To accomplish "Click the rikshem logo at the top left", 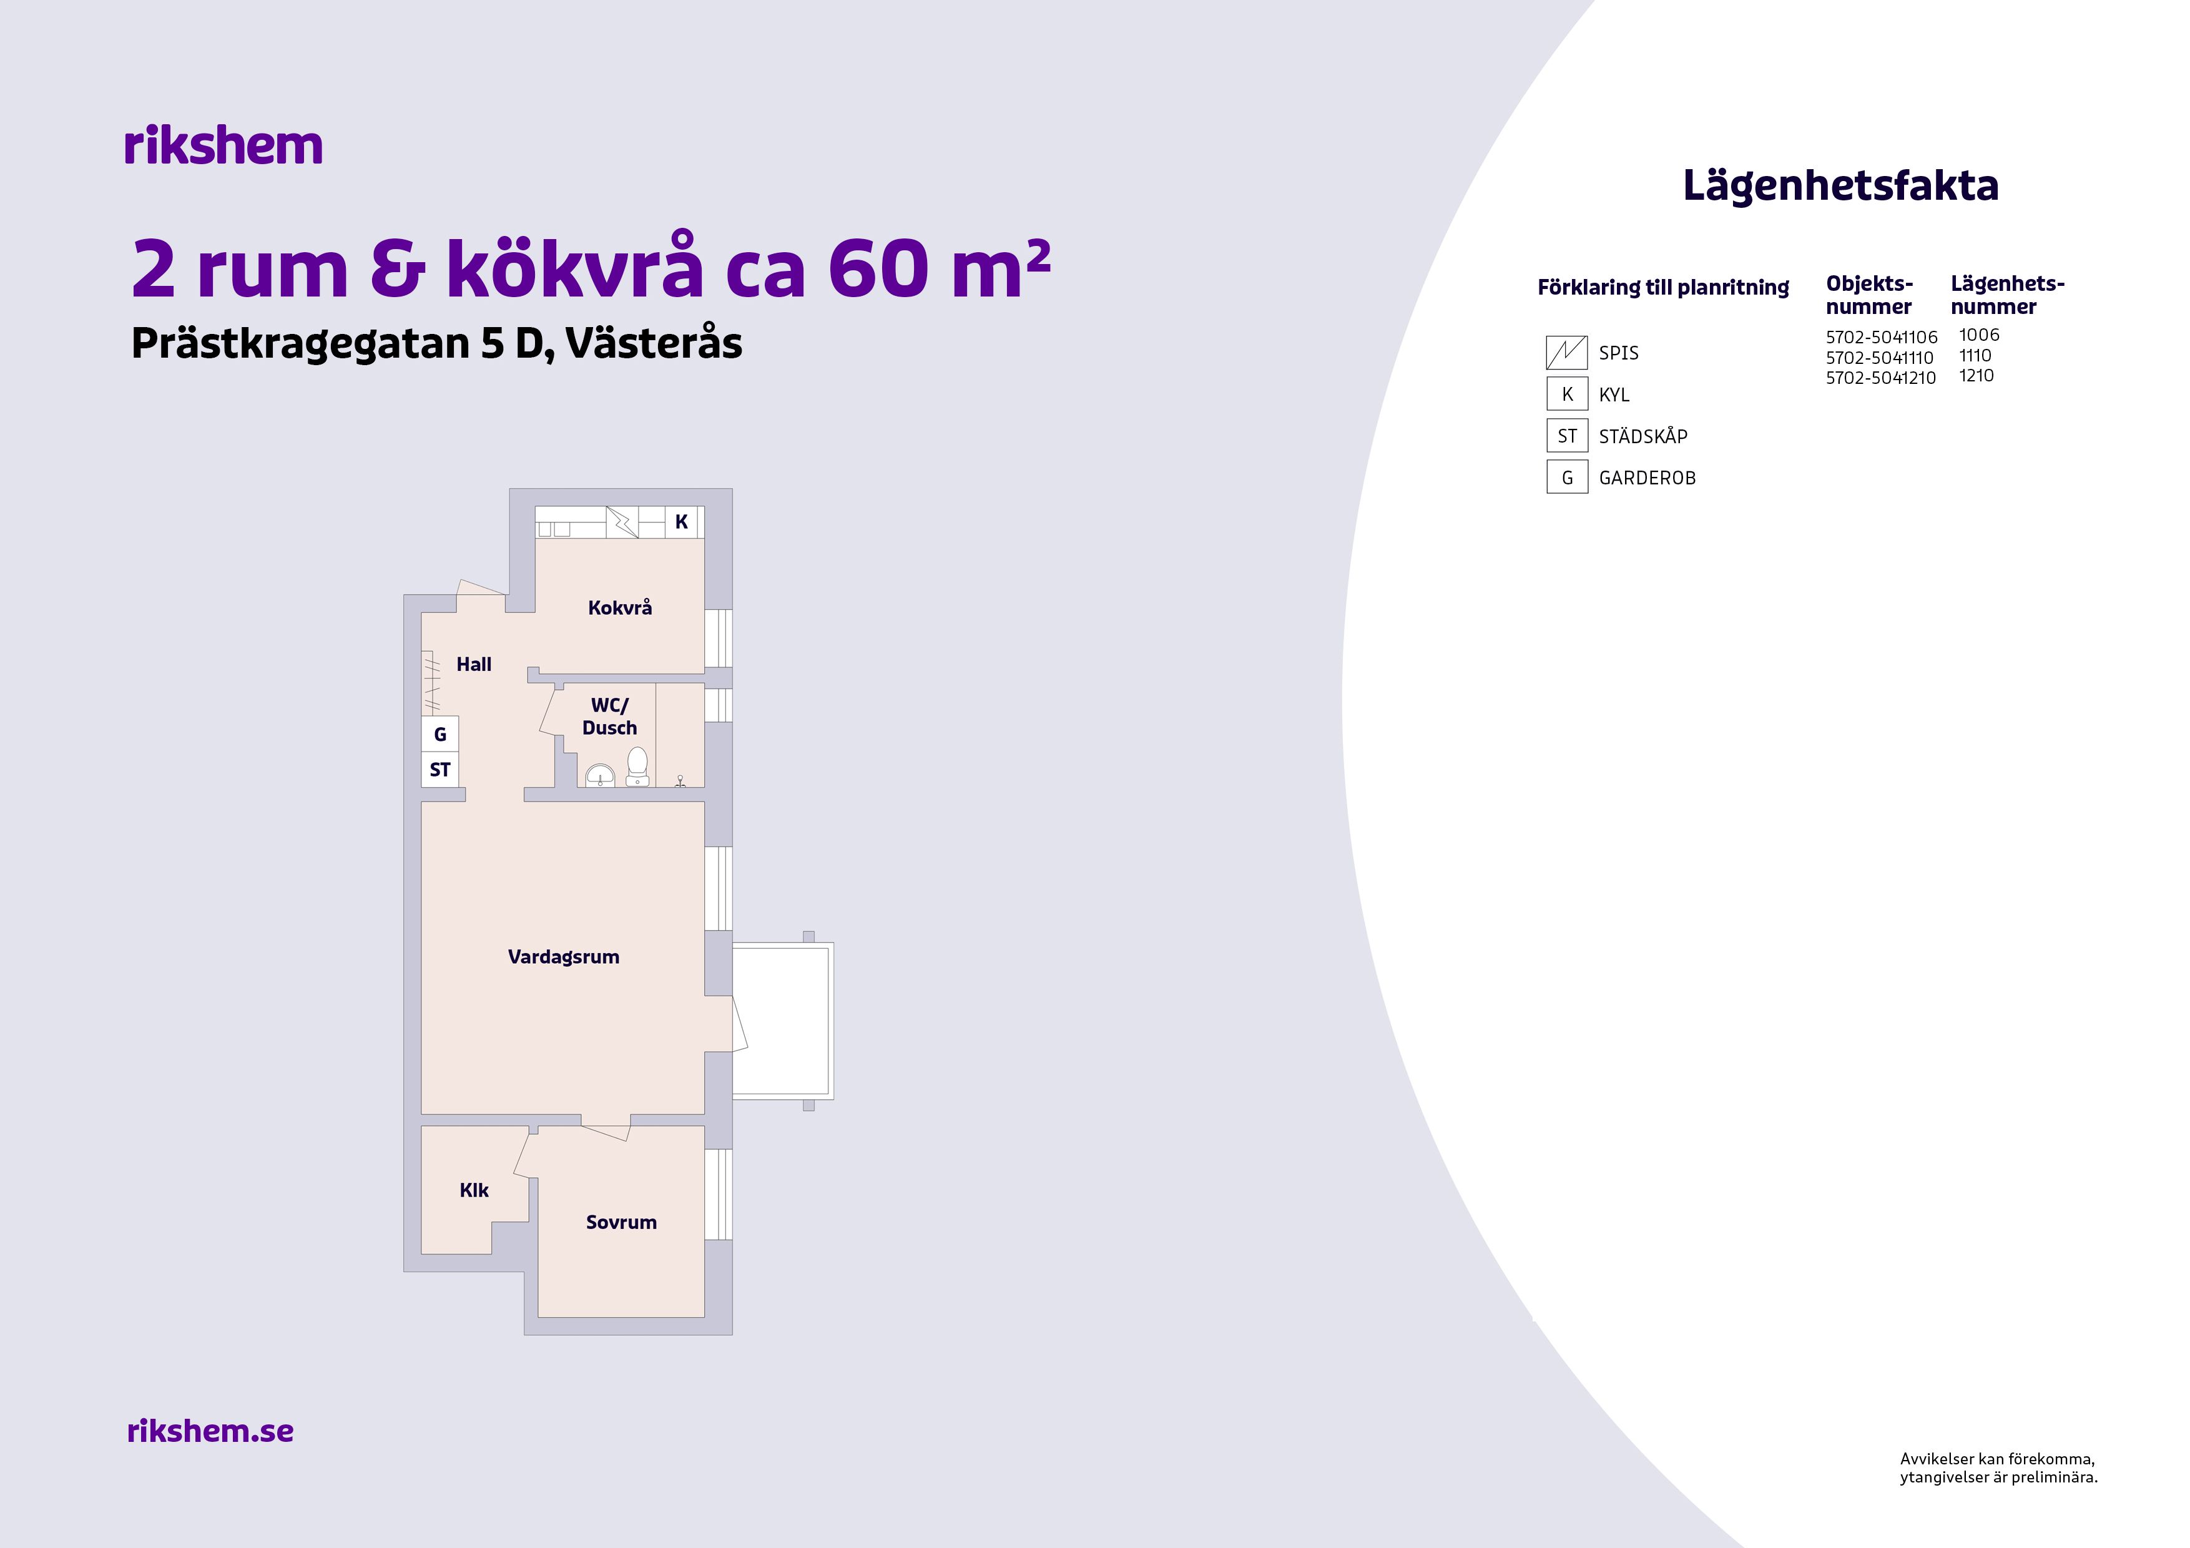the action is [x=223, y=146].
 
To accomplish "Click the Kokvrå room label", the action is [x=620, y=607].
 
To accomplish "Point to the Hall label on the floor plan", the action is [x=474, y=664].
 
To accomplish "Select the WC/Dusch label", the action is [x=609, y=717].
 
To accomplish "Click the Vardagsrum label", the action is [x=564, y=957].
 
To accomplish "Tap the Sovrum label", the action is [x=621, y=1222].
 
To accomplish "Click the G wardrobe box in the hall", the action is [x=439, y=733].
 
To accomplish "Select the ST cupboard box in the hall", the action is [x=439, y=770].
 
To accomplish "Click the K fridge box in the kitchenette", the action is [x=681, y=522].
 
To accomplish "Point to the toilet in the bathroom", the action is [x=637, y=768].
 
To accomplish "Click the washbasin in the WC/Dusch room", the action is [x=600, y=775].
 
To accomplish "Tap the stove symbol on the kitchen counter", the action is [x=622, y=522].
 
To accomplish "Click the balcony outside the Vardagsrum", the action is [x=783, y=1021].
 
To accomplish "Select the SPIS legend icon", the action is [x=1566, y=353].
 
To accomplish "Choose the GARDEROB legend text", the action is [x=1647, y=478].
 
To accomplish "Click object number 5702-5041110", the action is [x=1879, y=358].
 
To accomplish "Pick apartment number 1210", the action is [x=1976, y=376].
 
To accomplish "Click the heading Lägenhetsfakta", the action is [x=1840, y=185].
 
